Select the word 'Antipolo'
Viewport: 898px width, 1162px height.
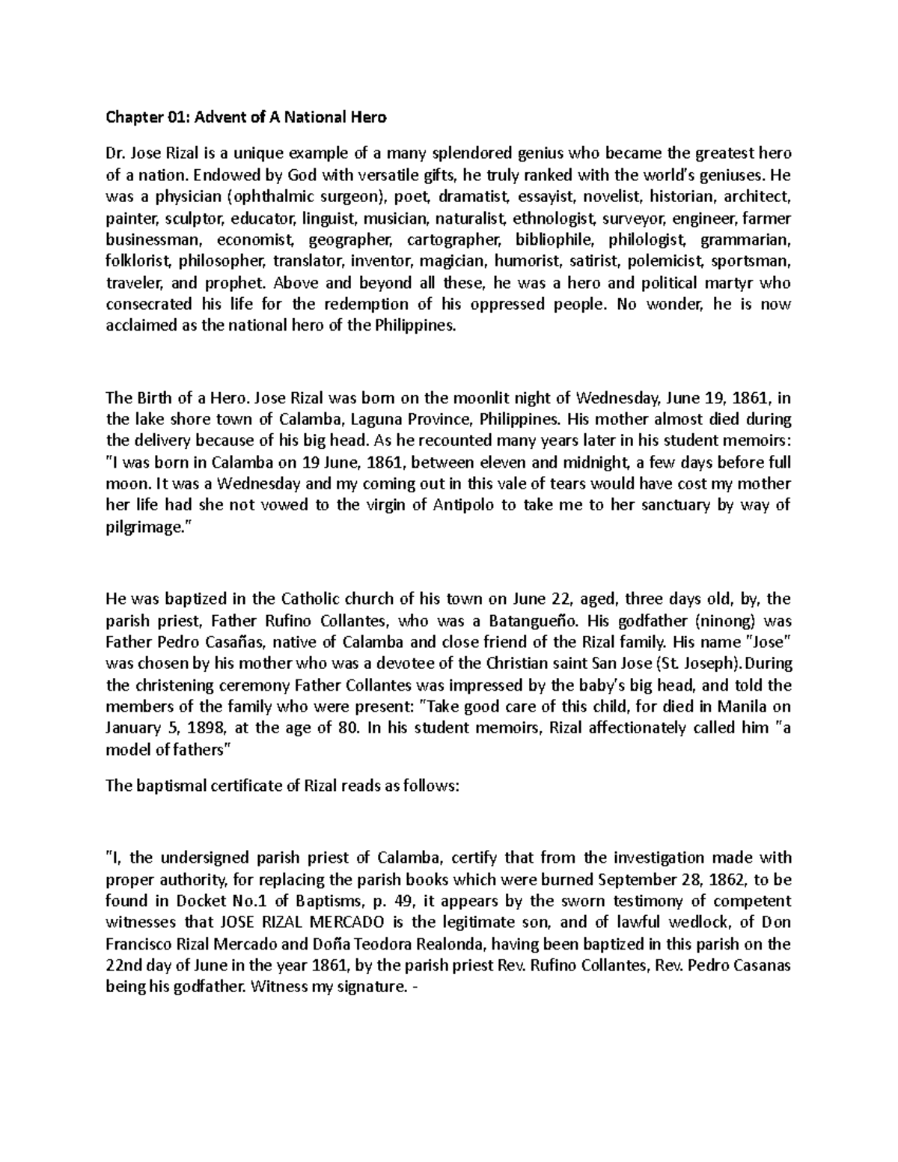coord(465,504)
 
